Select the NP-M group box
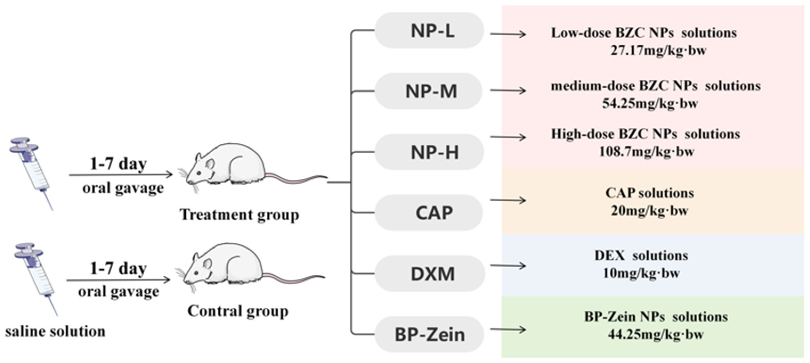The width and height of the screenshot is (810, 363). click(x=428, y=91)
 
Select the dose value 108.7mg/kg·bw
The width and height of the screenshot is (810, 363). click(x=646, y=152)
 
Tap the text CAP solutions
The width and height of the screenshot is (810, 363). click(x=650, y=193)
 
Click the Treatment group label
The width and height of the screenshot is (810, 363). click(x=239, y=215)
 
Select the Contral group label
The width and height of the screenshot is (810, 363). click(x=238, y=311)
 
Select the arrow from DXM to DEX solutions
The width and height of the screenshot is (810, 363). click(x=508, y=266)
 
